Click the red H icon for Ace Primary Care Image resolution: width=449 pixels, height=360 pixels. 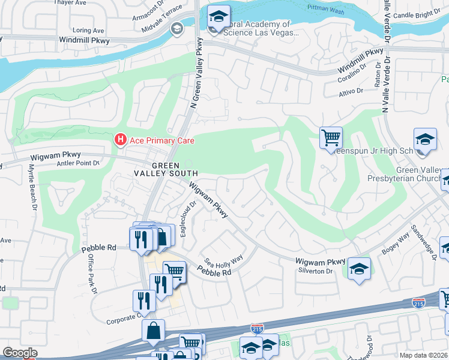pos(120,140)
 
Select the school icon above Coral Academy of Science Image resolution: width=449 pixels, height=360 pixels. pos(218,16)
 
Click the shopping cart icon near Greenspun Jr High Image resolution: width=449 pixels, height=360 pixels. pos(331,137)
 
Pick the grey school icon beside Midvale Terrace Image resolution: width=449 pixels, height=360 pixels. pos(177,28)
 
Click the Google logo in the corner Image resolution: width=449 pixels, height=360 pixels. pos(20,353)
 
